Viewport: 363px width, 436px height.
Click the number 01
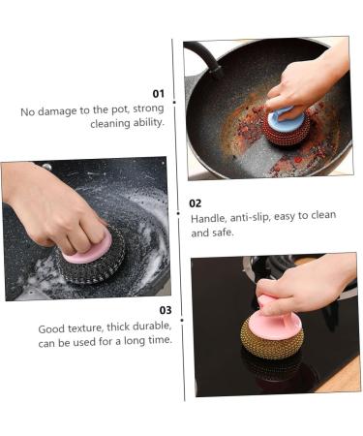click(x=159, y=94)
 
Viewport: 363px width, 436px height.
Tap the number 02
click(x=196, y=202)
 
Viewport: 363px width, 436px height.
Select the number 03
click(x=166, y=310)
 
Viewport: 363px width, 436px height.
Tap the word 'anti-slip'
click(x=257, y=216)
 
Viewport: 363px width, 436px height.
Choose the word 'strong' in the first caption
click(x=148, y=110)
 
